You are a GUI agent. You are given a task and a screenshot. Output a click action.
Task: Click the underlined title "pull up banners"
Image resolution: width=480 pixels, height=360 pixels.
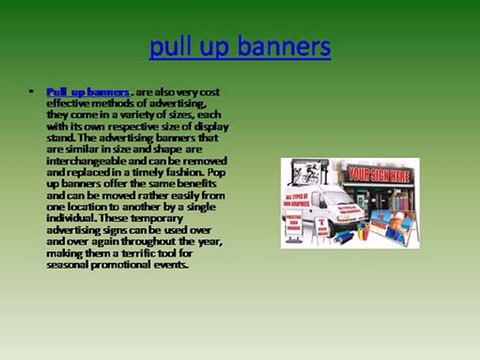[239, 47]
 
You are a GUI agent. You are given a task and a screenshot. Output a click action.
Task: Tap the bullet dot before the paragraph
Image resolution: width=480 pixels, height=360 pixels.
[32, 92]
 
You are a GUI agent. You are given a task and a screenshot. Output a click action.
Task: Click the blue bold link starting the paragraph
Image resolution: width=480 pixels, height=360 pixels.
[88, 92]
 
